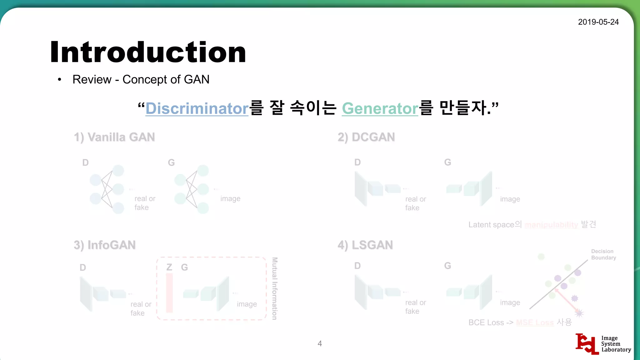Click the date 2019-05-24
pos(598,22)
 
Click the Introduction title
pos(148,52)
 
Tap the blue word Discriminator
pos(197,108)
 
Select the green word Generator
pos(380,108)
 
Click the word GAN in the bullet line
pos(197,79)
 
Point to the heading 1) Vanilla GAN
pos(114,137)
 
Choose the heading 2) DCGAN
pos(366,137)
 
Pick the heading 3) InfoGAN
pos(105,245)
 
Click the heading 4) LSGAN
pos(365,245)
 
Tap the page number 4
pos(320,343)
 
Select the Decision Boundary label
pos(603,254)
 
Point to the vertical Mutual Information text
pos(275,288)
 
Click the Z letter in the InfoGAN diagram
pos(169,267)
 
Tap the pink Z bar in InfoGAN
pos(169,293)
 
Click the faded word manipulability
pos(551,225)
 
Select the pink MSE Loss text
pos(535,322)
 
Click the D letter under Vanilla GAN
pos(85,162)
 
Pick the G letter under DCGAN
pos(447,162)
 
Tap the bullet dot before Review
pos(59,80)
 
